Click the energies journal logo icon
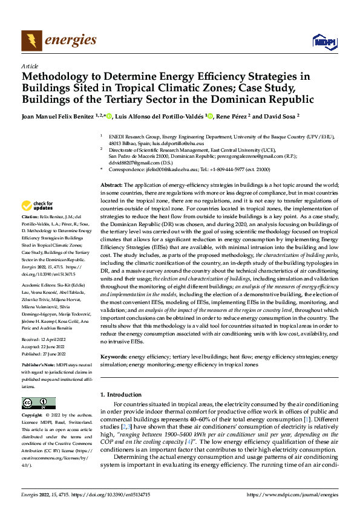[31, 41]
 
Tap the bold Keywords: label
[115, 357]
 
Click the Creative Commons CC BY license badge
[38, 403]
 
